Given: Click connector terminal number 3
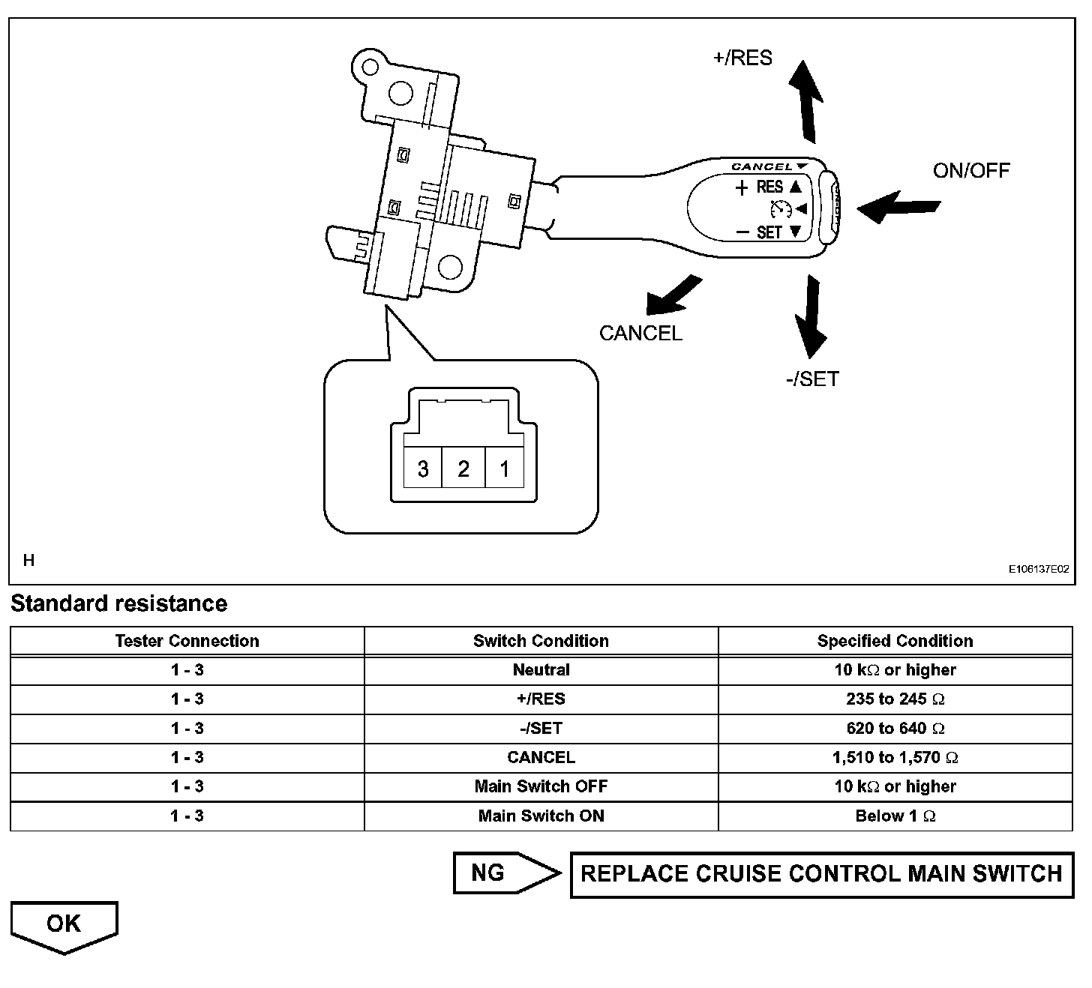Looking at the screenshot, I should click(423, 469).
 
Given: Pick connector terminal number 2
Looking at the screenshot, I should click(463, 469).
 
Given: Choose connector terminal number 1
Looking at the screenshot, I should click(504, 469).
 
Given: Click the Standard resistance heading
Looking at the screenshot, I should click(118, 603).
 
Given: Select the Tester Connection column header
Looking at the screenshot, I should click(187, 641).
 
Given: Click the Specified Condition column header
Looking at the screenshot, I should click(895, 641).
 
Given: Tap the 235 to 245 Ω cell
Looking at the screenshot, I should click(895, 699).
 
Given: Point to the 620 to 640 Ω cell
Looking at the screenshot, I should click(895, 728).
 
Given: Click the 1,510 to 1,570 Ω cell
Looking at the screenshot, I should click(895, 757).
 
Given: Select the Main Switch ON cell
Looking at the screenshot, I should click(541, 816).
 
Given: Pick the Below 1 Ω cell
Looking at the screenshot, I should click(895, 816).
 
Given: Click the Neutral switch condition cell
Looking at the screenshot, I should click(541, 669).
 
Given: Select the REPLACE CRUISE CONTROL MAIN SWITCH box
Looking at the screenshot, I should click(821, 873).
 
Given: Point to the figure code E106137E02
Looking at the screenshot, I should click(1038, 569).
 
